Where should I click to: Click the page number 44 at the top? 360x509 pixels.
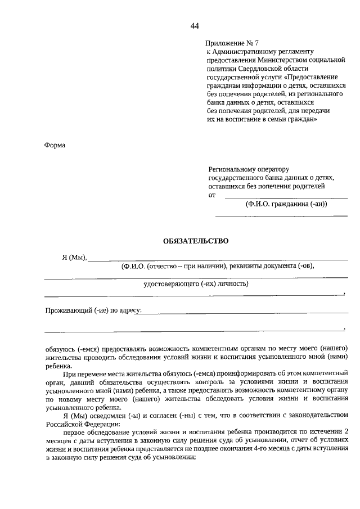pyautogui.click(x=195, y=26)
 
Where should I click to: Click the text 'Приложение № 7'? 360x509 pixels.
pyautogui.click(x=232, y=43)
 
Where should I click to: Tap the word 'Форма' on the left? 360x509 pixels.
pyautogui.click(x=55, y=145)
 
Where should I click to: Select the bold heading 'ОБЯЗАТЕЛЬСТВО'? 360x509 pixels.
pyautogui.click(x=196, y=241)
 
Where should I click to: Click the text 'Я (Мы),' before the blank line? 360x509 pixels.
pyautogui.click(x=74, y=258)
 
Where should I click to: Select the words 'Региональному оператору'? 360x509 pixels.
pyautogui.click(x=247, y=169)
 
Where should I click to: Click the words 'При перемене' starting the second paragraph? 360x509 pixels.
pyautogui.click(x=84, y=373)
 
